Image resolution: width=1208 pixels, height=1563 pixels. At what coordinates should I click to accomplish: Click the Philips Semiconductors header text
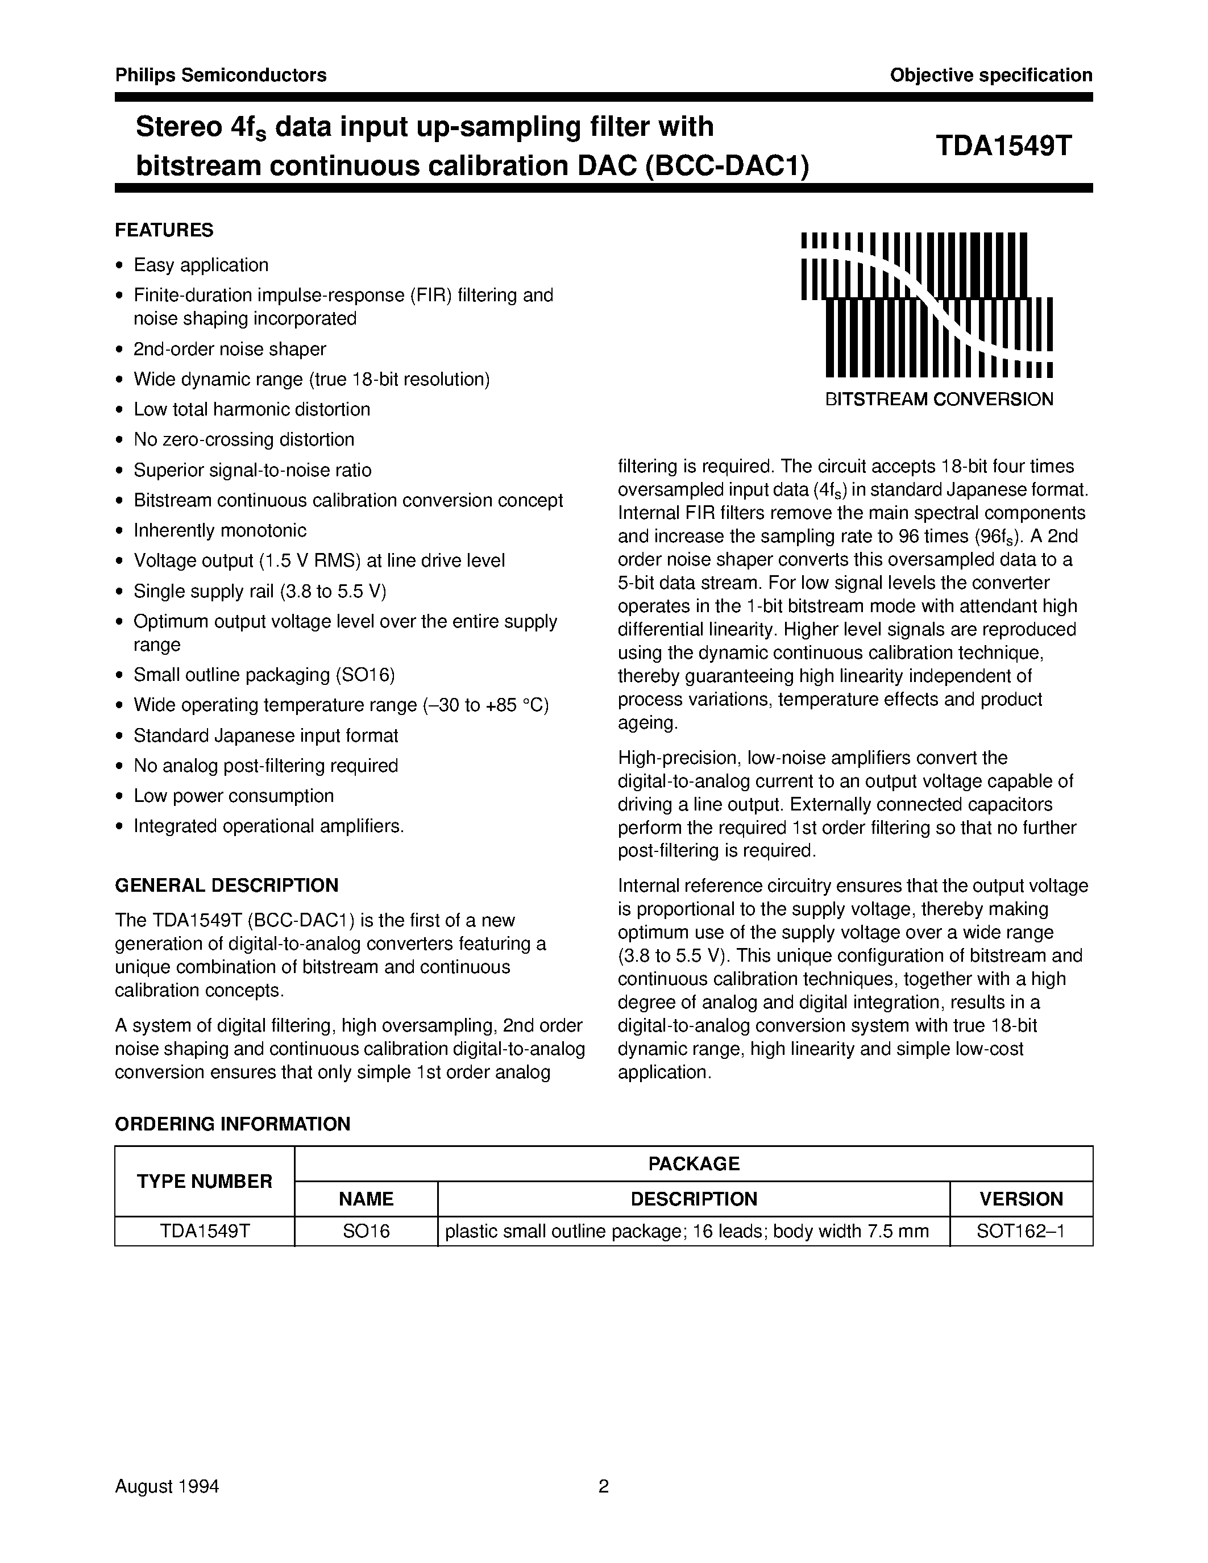pyautogui.click(x=221, y=75)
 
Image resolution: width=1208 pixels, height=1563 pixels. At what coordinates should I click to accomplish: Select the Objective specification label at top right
pyautogui.click(x=990, y=75)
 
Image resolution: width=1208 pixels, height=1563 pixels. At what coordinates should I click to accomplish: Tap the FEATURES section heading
pyautogui.click(x=164, y=230)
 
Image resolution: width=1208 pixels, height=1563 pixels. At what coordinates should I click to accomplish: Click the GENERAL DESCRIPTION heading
pyautogui.click(x=226, y=886)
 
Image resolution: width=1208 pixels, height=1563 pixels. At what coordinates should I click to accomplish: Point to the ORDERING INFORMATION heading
pyautogui.click(x=233, y=1124)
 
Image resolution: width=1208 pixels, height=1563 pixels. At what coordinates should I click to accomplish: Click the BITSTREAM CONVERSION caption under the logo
pyautogui.click(x=939, y=400)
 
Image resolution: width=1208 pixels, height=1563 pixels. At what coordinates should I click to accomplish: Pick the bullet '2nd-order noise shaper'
pyautogui.click(x=230, y=349)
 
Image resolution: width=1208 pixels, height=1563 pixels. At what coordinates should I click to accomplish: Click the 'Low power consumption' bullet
pyautogui.click(x=233, y=796)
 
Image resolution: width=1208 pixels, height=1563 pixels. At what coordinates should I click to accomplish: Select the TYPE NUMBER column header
pyautogui.click(x=205, y=1182)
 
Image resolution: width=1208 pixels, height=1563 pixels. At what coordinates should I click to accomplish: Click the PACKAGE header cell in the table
pyautogui.click(x=694, y=1163)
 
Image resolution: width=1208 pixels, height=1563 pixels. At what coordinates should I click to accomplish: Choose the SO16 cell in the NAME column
pyautogui.click(x=366, y=1232)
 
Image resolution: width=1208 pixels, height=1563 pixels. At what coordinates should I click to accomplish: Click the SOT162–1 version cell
pyautogui.click(x=1020, y=1232)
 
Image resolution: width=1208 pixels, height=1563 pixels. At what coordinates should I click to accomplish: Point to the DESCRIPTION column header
pyautogui.click(x=694, y=1199)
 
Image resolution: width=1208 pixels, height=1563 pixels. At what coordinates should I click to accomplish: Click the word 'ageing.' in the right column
pyautogui.click(x=647, y=723)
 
